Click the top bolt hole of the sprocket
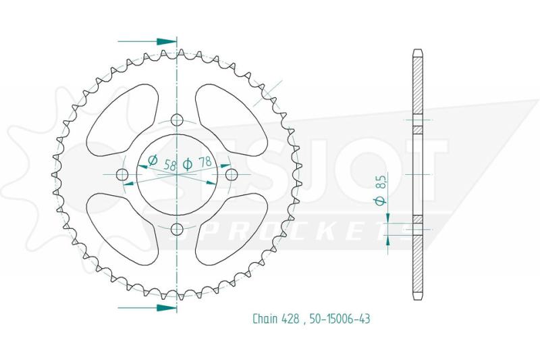point(177,120)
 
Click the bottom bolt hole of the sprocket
point(177,229)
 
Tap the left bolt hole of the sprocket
point(122,175)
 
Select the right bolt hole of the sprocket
point(231,175)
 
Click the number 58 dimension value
point(170,165)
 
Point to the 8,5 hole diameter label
point(381,181)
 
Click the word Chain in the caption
point(265,319)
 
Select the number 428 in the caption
point(291,319)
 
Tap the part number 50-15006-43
point(340,319)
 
